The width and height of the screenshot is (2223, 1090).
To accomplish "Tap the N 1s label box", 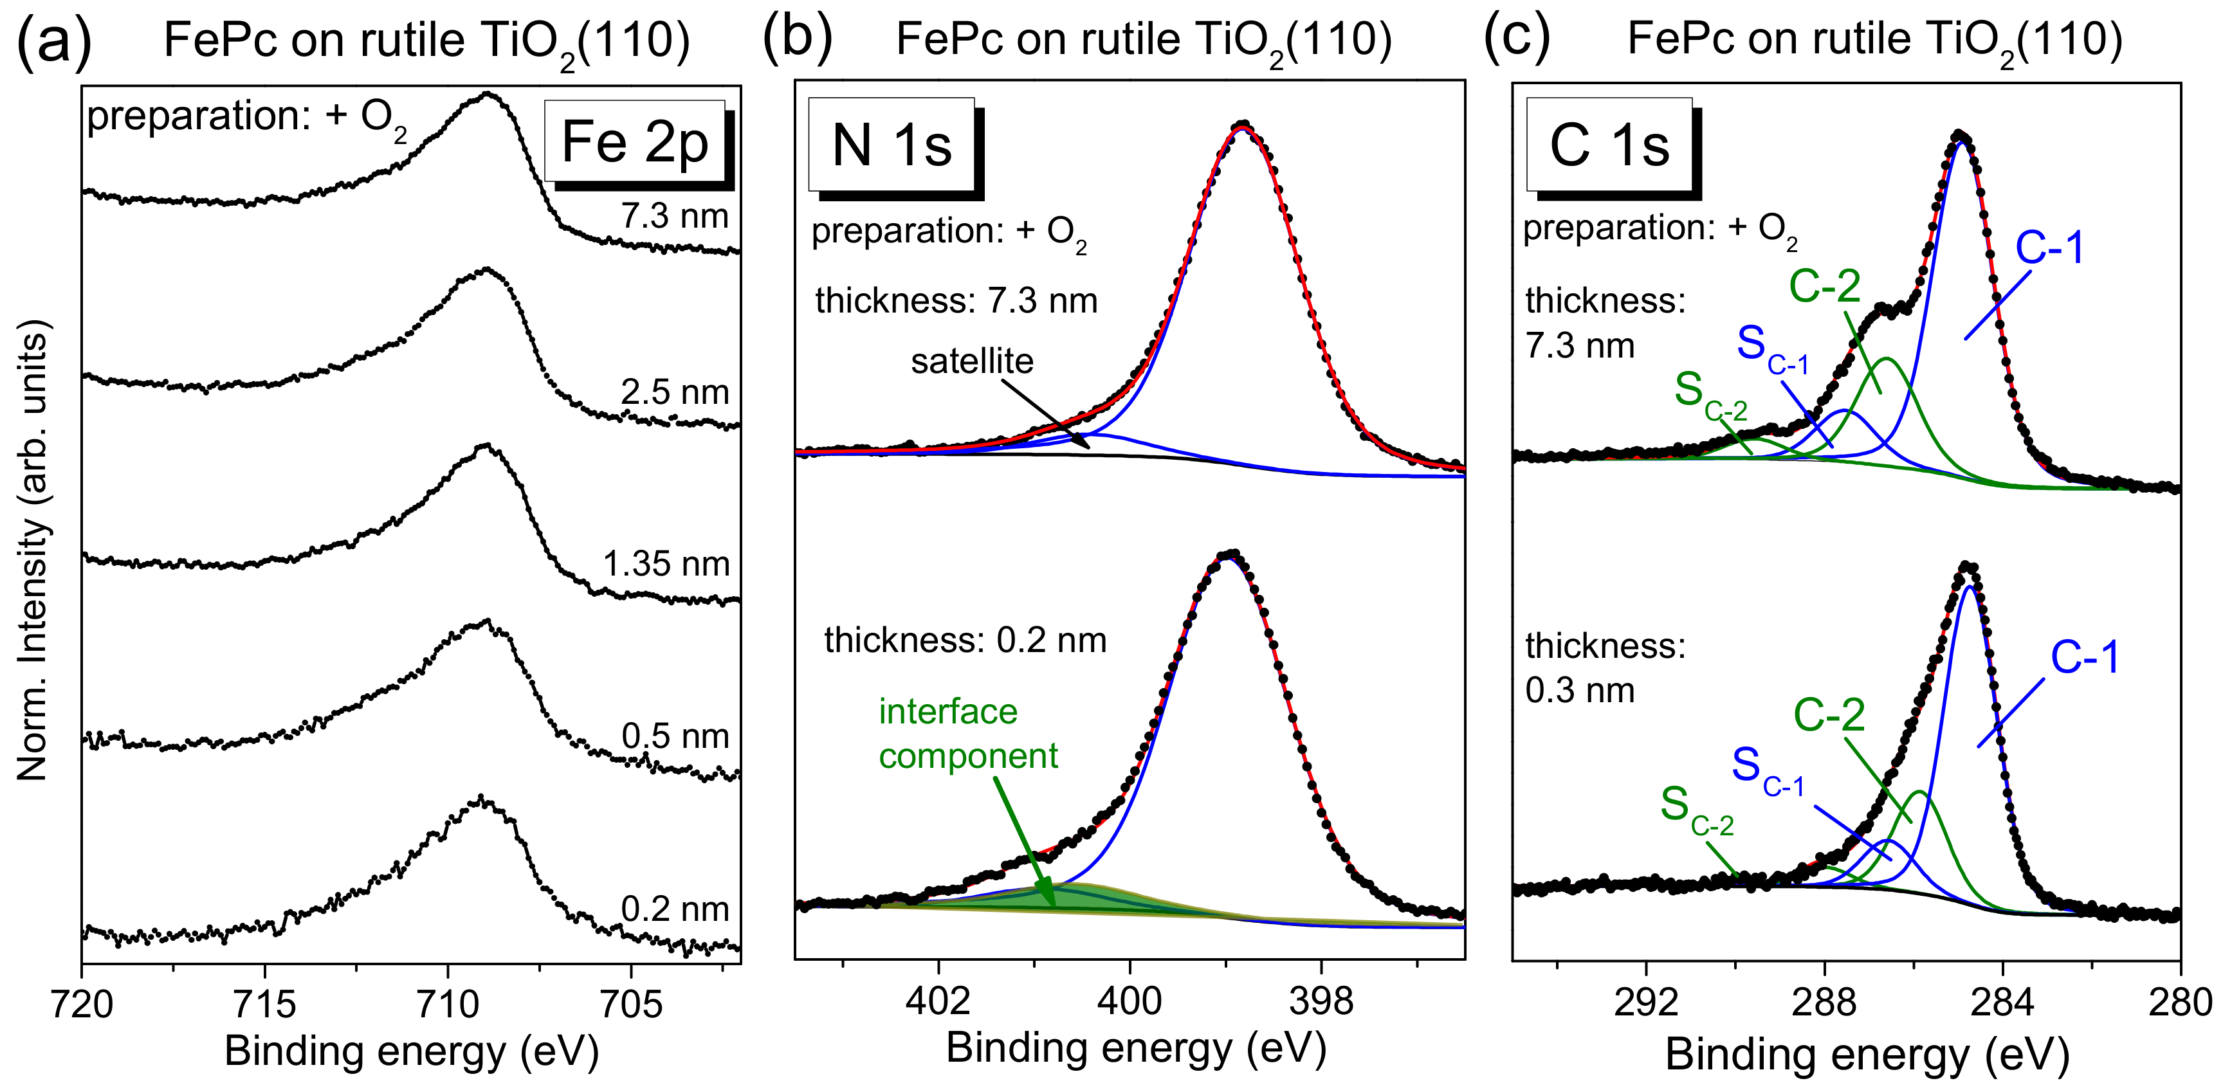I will coord(892,145).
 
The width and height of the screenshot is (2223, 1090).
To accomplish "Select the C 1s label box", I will coord(1609,145).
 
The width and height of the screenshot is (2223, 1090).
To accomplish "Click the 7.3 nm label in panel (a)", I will coord(675,216).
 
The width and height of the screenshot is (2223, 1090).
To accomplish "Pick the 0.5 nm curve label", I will coord(675,736).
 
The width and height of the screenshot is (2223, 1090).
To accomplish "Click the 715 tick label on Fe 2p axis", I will coord(265,1004).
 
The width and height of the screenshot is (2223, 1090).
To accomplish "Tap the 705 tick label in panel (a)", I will coord(631,1004).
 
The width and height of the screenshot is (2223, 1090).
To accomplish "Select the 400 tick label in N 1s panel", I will coord(1130,1001).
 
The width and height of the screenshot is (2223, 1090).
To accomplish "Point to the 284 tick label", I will coord(2002,1002).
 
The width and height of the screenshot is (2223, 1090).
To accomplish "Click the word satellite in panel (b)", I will coord(972,361).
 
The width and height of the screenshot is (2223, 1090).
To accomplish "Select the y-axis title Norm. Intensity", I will coord(33,550).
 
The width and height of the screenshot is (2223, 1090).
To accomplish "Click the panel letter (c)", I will coord(1516,38).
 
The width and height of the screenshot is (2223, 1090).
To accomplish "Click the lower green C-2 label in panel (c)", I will coord(1829,714).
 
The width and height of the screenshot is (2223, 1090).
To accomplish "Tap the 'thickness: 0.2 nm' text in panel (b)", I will coord(965,640).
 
